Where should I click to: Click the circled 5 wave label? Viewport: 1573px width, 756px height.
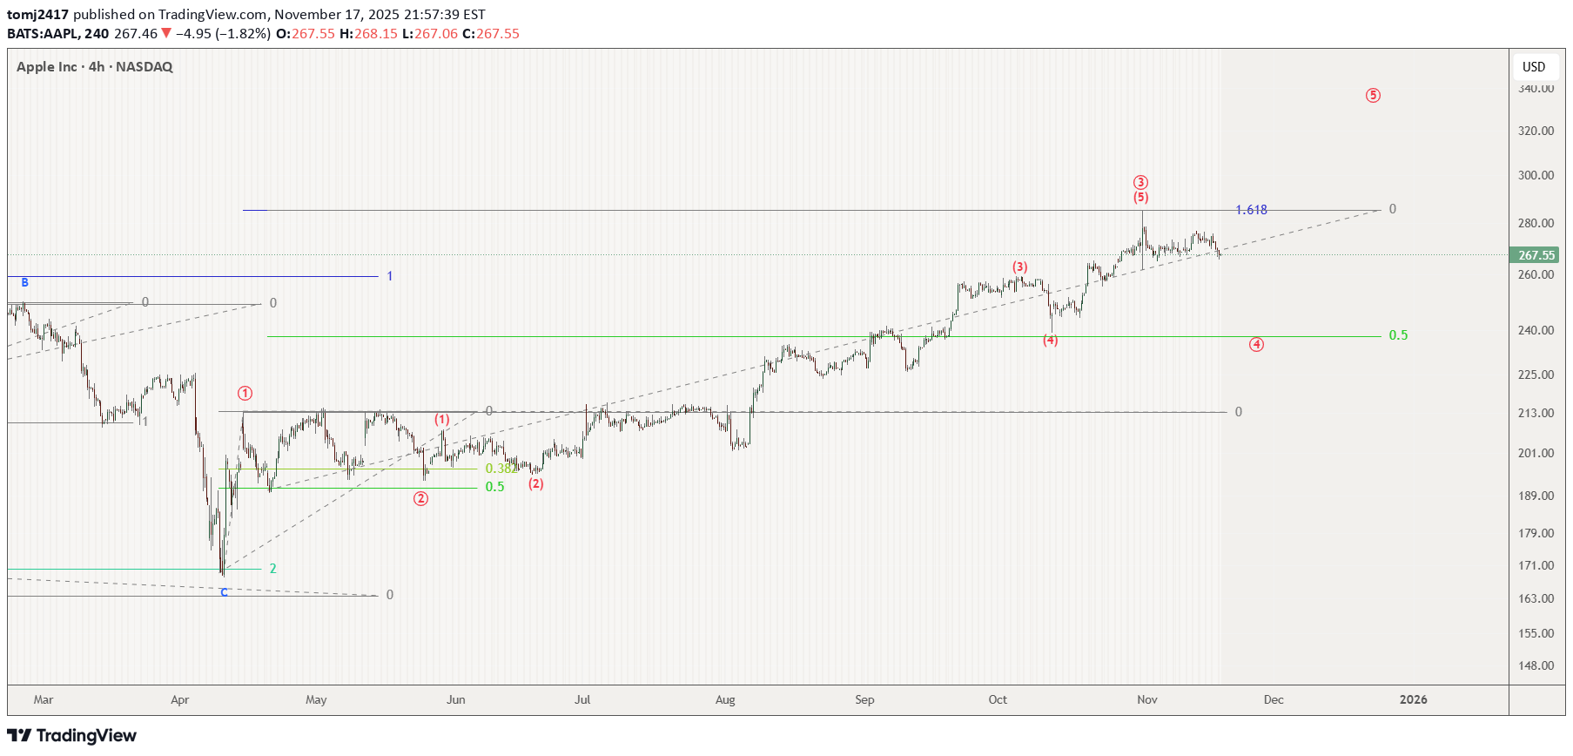coord(1373,96)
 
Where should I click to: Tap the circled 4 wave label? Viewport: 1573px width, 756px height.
coord(1256,345)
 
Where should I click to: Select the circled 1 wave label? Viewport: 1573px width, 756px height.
coord(245,394)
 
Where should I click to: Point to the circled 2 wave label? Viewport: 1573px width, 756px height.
coord(420,499)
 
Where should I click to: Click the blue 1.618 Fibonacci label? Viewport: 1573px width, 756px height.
coord(1251,210)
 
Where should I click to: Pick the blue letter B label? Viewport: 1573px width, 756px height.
coord(25,282)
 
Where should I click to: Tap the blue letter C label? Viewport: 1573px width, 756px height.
coord(224,592)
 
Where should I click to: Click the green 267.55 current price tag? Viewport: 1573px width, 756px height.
coord(1536,255)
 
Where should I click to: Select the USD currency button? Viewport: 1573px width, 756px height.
coord(1534,67)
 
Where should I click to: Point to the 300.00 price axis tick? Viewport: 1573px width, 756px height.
coord(1536,175)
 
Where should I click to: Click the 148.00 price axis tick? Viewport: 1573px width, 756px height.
coord(1536,665)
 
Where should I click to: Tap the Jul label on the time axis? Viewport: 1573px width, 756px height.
coord(582,699)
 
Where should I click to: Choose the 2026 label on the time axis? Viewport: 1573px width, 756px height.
coord(1413,699)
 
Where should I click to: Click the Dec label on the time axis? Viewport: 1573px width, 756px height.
coord(1274,699)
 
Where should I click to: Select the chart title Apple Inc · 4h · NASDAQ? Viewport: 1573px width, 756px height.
coord(95,67)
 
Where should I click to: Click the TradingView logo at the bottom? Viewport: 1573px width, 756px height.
coord(72,736)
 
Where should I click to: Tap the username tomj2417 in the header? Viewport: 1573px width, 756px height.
coord(37,15)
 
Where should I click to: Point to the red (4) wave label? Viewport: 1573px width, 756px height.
coord(1051,341)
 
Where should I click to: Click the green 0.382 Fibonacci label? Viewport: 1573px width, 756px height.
coord(501,469)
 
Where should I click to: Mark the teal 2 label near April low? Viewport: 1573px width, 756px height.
coord(272,569)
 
